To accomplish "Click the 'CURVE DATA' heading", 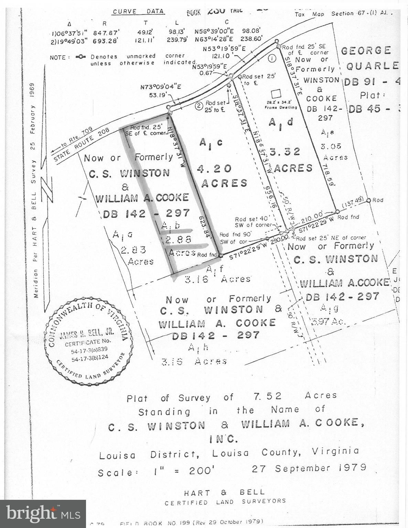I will click(x=138, y=11).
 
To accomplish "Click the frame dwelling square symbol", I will click(x=276, y=94).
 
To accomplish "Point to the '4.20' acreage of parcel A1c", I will click(x=214, y=168).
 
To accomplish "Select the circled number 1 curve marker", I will click(x=272, y=58).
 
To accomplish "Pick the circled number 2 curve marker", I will click(x=198, y=106).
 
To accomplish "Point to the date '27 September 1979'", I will click(x=309, y=468).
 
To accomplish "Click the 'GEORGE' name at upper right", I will click(x=366, y=51).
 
